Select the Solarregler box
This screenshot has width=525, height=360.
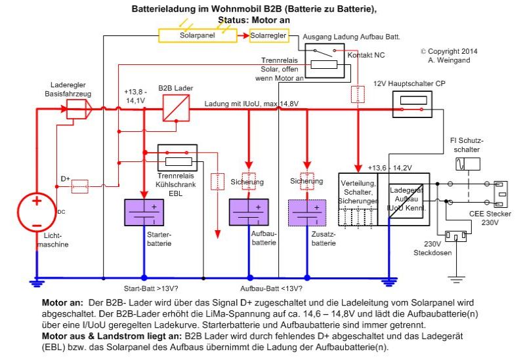click(269, 34)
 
